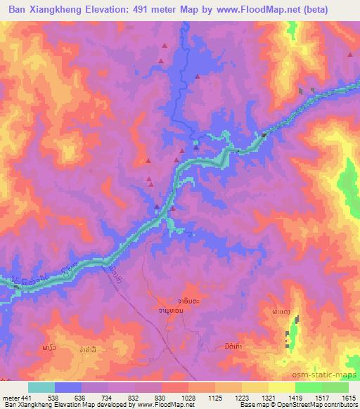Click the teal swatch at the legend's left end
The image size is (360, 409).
tap(41, 387)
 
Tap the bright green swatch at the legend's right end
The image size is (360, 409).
tap(335, 387)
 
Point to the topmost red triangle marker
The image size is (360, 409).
tap(165, 46)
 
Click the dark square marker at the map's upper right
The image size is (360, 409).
tap(302, 91)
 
